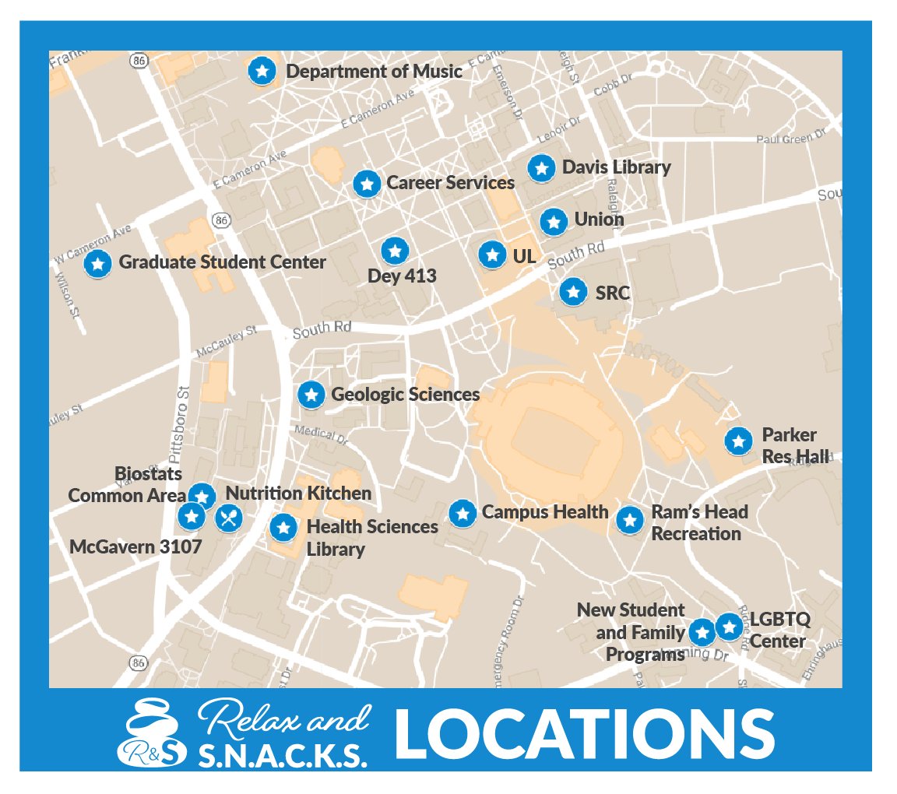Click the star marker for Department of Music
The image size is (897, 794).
262,71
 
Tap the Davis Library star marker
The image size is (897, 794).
540,168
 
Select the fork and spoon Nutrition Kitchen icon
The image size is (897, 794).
228,517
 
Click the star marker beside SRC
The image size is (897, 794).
574,292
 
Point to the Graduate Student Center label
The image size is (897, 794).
222,262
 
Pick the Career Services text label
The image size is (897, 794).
450,183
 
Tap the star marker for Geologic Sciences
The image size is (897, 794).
311,394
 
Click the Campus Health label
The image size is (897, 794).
545,512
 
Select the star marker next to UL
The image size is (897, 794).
491,254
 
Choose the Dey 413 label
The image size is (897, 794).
402,276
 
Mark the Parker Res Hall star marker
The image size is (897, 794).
737,441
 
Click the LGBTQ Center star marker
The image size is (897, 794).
729,626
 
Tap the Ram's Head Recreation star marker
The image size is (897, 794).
629,519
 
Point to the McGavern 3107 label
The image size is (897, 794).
135,546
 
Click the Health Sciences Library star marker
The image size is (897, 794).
283,528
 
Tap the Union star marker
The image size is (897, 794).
554,222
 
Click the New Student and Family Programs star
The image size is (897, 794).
702,632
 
